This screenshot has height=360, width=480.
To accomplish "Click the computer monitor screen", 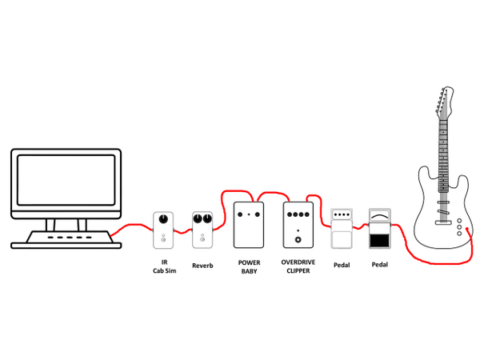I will [x=66, y=184].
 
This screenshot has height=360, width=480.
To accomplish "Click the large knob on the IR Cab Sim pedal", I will [x=164, y=221].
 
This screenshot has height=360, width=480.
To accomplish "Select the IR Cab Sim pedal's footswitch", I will [x=164, y=238].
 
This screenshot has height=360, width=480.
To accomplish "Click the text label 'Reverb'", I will [x=202, y=265].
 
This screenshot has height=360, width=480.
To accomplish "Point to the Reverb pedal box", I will [x=202, y=230].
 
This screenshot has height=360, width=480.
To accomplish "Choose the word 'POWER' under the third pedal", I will [x=249, y=262].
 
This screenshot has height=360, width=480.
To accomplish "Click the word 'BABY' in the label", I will [x=249, y=271].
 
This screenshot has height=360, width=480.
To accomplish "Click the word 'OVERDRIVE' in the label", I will [x=298, y=262].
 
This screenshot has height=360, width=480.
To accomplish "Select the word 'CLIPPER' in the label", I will [x=298, y=271].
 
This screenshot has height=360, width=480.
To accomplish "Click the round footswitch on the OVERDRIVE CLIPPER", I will [x=298, y=238].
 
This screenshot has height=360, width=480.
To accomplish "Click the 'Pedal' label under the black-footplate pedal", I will [x=379, y=264].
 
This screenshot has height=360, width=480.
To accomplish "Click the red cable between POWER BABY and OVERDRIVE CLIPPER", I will [x=273, y=194].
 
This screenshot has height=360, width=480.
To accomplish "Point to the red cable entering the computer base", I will [x=120, y=233].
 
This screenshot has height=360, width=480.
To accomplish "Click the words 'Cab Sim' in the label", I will [x=164, y=271].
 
